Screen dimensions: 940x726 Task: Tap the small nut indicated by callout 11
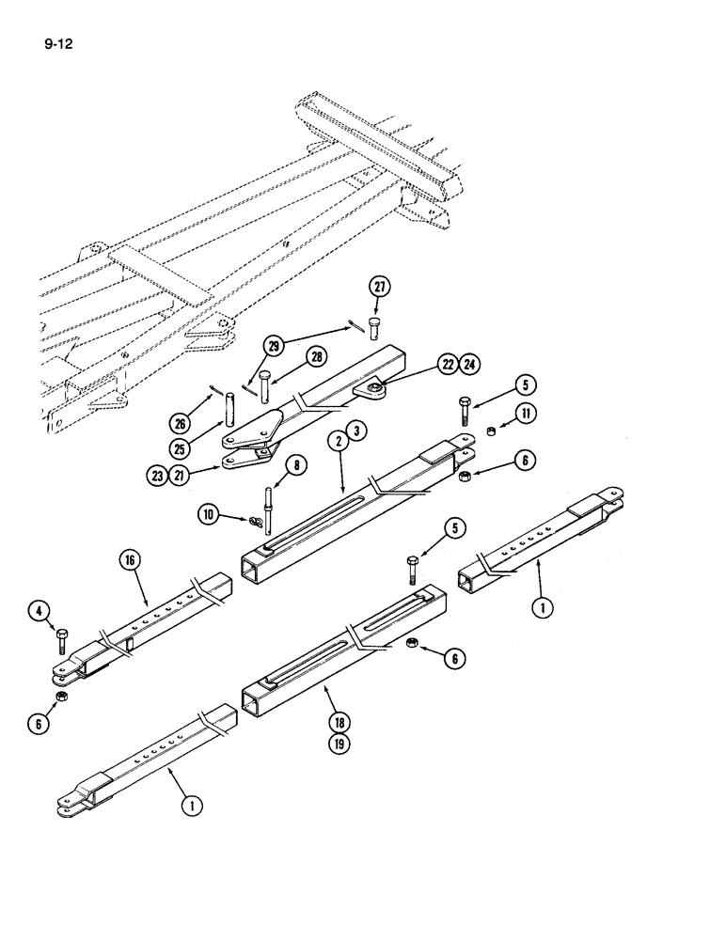point(491,431)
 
